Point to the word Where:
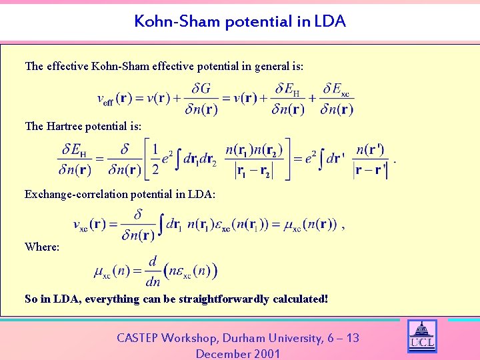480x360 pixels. [42, 247]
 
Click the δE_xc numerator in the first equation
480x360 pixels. [336, 89]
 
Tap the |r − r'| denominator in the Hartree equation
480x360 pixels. [370, 170]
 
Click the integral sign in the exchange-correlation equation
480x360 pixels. [160, 225]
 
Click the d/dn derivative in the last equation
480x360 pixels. [152, 271]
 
